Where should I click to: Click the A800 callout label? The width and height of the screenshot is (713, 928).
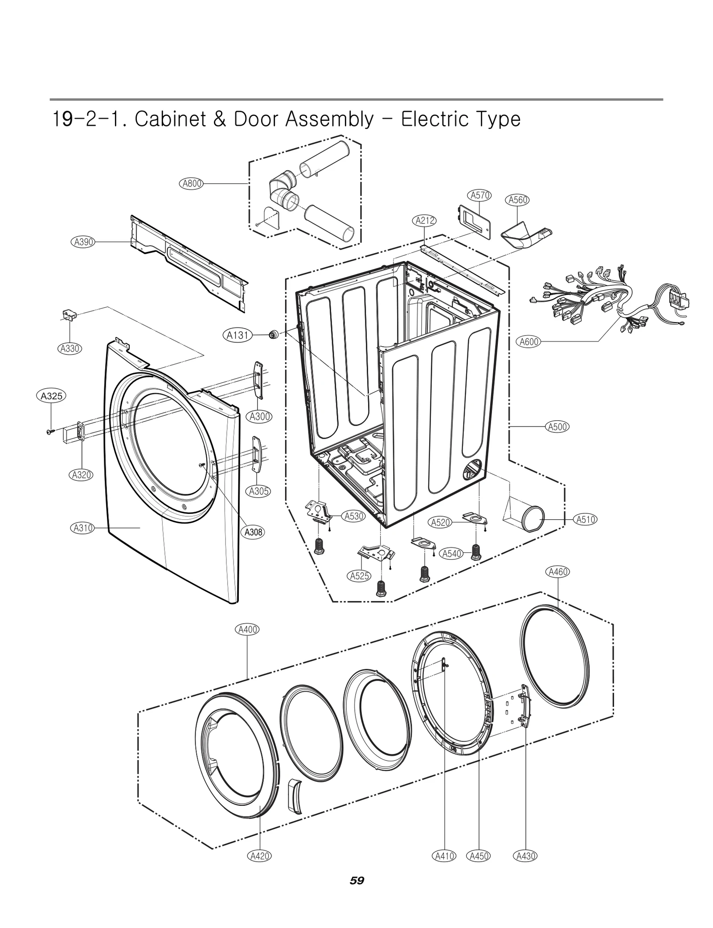192,183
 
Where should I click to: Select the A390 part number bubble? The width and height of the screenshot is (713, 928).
83,242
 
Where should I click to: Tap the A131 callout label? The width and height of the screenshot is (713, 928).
238,335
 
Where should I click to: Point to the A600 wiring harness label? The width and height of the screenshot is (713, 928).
529,342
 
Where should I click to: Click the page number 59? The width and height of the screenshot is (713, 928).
356,880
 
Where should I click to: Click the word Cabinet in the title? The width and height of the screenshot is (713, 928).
170,119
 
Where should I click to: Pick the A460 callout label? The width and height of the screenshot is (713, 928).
557,572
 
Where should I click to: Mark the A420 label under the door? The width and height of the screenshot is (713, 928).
259,855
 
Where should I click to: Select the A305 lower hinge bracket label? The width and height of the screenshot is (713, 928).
258,491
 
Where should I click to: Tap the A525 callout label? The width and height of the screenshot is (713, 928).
359,575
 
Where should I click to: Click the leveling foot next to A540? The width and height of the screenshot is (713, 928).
475,553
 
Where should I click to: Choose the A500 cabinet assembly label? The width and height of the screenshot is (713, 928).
557,427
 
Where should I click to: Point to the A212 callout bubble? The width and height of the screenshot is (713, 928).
425,221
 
